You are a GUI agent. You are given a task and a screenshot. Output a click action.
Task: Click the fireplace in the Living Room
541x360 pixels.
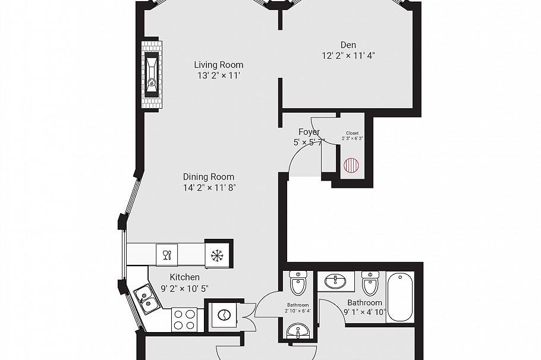coord(152,74)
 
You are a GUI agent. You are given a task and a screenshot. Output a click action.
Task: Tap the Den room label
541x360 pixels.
coord(348,45)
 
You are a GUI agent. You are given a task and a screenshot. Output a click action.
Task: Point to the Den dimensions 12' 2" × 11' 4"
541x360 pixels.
coord(348,56)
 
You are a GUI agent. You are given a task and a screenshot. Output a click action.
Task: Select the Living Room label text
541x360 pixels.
coord(219,65)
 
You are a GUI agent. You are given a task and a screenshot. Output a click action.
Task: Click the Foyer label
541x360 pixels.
coord(309,132)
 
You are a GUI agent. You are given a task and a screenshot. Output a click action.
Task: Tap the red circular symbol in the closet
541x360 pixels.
coord(351,165)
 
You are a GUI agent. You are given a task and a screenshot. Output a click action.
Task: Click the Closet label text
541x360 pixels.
coord(352,133)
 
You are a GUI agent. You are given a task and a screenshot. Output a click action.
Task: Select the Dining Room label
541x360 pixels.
coord(208,176)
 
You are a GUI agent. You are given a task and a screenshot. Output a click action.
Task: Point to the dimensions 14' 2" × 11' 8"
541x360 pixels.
coord(208,188)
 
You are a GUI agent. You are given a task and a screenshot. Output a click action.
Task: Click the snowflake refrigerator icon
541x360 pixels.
coord(217,255)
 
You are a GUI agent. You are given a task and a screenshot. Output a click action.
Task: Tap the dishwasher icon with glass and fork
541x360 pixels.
coord(167,255)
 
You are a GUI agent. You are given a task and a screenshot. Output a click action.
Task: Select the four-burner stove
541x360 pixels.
coord(184,319)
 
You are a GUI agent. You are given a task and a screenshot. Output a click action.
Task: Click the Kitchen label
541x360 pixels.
coord(184,277)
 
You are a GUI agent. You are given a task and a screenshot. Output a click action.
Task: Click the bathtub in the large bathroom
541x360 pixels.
coord(400,296)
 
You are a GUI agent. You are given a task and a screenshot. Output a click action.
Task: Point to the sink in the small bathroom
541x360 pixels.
coord(297,330)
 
